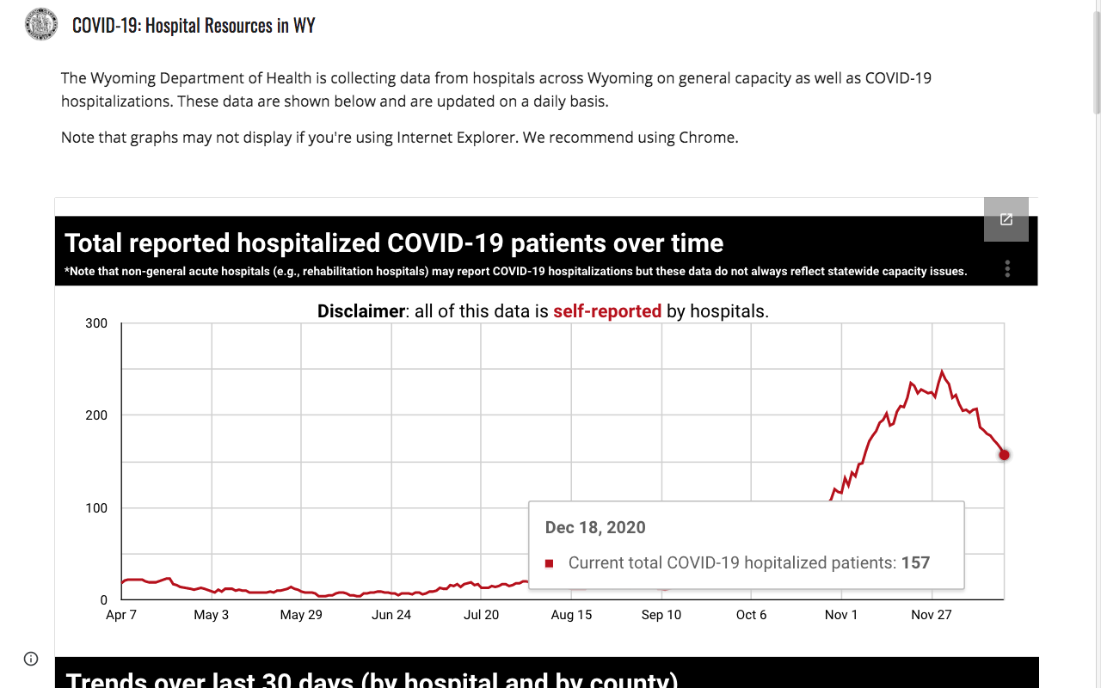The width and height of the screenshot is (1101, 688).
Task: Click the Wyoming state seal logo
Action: [x=41, y=24]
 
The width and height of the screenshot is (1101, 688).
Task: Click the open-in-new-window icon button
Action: [x=1006, y=219]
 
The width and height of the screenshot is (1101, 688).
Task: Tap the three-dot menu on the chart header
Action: [x=1007, y=269]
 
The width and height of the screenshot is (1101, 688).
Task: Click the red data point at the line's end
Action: [x=1004, y=455]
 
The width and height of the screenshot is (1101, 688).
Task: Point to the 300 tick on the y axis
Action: [x=96, y=323]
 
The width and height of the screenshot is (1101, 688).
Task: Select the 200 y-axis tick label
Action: [x=96, y=415]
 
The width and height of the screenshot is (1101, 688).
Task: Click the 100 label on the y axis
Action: [x=96, y=507]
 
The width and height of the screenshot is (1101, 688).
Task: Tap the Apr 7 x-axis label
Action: [x=121, y=615]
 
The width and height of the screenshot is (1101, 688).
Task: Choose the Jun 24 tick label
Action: [x=391, y=615]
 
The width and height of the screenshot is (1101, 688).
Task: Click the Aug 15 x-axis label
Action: [x=571, y=615]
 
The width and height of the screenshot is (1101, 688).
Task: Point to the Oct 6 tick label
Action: [x=751, y=615]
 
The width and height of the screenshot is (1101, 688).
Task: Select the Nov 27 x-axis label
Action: [x=932, y=615]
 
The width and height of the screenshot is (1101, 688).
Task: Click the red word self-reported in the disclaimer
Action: [x=607, y=311]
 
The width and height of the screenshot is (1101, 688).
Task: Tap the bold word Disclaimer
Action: [x=361, y=311]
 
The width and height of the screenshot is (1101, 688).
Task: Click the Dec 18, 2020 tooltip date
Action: [x=595, y=527]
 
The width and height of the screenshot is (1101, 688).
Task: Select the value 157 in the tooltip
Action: [x=915, y=562]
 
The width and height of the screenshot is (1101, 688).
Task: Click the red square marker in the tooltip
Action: [x=550, y=563]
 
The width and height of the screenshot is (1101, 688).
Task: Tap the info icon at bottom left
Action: [x=31, y=659]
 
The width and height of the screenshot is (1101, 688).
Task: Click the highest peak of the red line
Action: [x=942, y=371]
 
